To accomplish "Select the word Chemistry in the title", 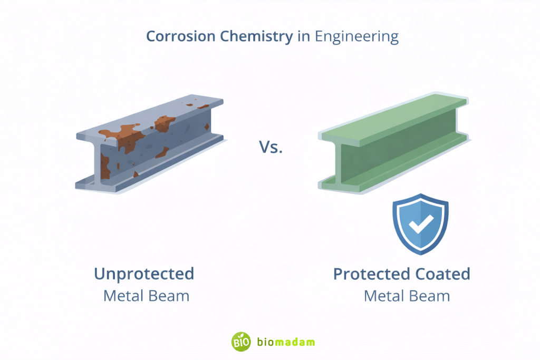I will (247, 37).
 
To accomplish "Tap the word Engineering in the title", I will (356, 37).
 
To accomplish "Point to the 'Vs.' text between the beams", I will (271, 147).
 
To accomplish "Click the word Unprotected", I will (144, 274).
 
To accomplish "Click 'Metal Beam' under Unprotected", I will (146, 296).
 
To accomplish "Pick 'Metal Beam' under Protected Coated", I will (407, 296).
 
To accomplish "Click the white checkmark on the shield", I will (420, 223).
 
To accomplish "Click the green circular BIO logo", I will (240, 342).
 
